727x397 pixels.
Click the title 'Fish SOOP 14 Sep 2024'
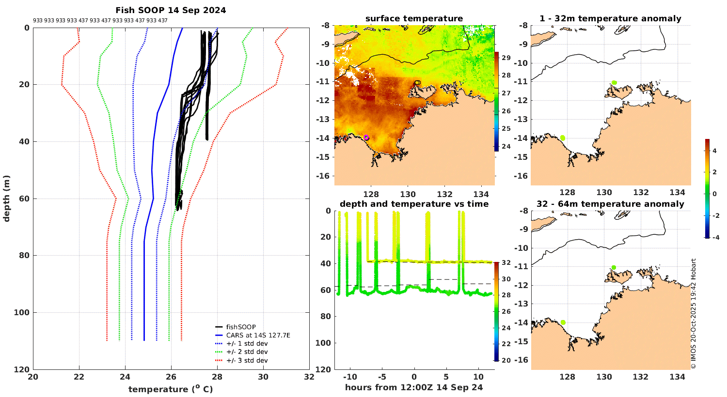171,10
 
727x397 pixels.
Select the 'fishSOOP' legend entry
241,327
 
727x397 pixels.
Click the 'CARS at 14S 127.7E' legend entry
258,335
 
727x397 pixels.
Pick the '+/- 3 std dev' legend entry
247,360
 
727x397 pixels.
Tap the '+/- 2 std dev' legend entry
247,352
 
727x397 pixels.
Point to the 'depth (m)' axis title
7,198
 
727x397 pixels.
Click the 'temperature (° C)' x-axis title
171,389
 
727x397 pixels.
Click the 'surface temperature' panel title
414,19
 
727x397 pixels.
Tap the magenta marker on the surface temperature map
366,137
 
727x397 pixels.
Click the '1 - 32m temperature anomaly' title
610,19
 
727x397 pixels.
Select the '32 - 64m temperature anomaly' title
610,204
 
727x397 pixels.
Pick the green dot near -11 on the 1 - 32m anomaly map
614,83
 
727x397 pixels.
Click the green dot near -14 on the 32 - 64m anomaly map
563,322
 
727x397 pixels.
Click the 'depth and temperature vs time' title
414,204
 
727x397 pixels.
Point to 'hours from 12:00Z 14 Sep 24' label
414,387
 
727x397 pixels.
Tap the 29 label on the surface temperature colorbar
506,58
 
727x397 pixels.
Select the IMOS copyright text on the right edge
694,314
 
